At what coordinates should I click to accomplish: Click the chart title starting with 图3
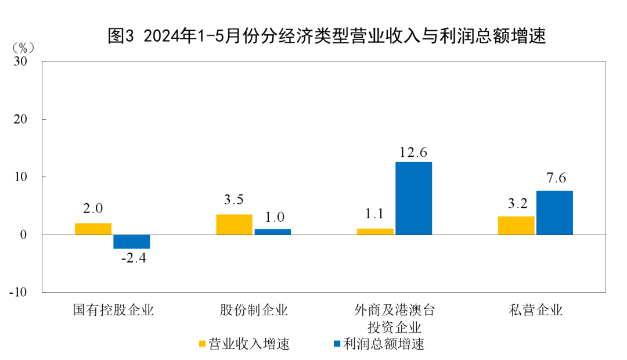327,37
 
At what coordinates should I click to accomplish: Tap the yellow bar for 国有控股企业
93,229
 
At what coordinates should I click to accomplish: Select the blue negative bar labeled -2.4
131,242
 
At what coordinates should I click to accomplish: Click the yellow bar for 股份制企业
234,225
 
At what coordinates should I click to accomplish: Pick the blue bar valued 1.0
272,232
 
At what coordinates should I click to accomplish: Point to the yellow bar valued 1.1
375,232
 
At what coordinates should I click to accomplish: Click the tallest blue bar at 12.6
413,198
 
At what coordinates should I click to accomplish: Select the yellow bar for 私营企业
516,225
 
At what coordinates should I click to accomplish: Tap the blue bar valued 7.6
554,213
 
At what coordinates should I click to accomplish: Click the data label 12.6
413,153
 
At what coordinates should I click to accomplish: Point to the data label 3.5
234,200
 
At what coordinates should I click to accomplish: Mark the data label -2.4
133,258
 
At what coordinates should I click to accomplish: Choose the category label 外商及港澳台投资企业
394,317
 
